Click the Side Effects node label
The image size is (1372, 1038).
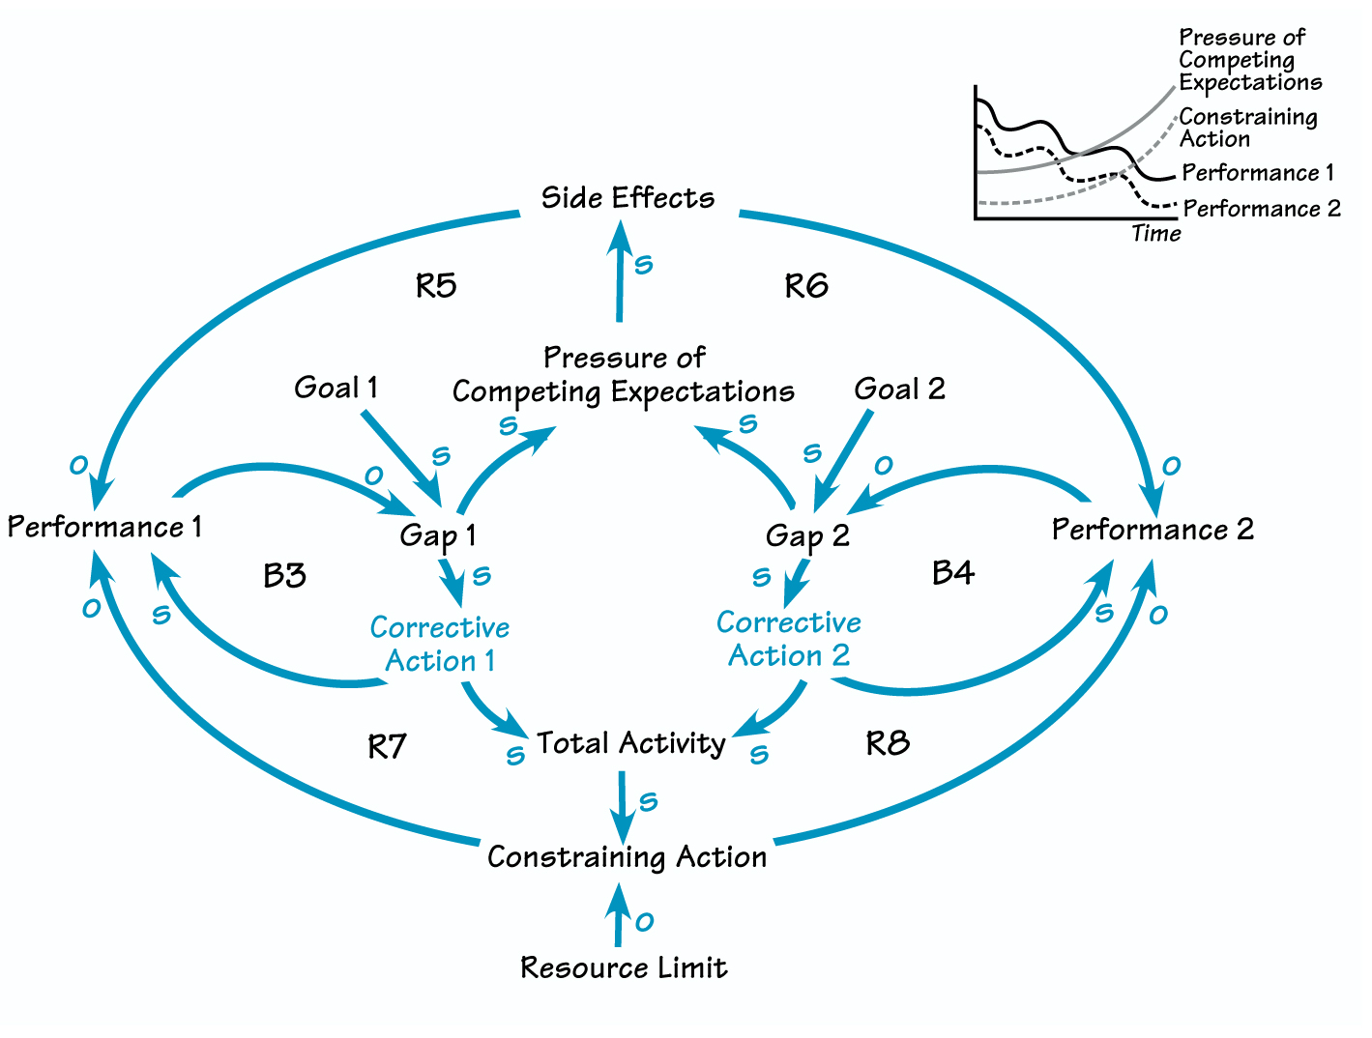(x=628, y=197)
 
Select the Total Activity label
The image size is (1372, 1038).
(x=630, y=743)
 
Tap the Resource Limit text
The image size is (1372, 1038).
(x=624, y=967)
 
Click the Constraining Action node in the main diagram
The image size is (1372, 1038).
(x=627, y=856)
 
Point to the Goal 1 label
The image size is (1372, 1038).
(x=336, y=388)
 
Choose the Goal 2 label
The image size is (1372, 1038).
(x=899, y=389)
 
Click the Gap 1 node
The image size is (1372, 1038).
(x=437, y=535)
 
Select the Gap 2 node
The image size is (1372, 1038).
(x=806, y=535)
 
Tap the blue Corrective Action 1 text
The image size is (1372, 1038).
(x=440, y=644)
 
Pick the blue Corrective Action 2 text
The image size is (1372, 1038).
(x=789, y=639)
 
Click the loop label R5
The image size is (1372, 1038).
(x=435, y=286)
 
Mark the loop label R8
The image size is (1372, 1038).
(x=887, y=743)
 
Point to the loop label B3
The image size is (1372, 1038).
(x=284, y=576)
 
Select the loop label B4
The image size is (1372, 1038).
(x=952, y=573)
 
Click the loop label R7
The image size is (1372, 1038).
(x=387, y=746)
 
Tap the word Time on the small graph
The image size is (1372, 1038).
(x=1155, y=233)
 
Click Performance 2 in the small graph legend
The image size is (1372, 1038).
(x=1261, y=209)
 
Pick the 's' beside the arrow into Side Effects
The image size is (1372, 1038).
(x=643, y=264)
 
